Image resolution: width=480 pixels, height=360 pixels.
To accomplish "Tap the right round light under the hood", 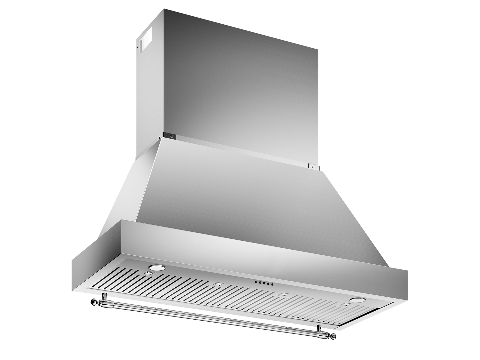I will pos(358,300).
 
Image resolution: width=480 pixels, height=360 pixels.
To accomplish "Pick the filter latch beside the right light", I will pos(346,304).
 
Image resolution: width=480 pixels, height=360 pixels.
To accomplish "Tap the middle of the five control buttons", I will pos(264,283).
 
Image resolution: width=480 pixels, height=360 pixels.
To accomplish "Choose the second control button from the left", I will pos(260,283).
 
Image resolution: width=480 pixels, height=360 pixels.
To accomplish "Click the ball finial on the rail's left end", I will pos(94,301).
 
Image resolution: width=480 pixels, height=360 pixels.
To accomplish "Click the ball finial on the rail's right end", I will pos(334,336).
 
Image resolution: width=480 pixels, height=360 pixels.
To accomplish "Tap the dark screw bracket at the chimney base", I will pos(170,135).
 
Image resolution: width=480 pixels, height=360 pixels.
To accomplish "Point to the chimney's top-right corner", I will pos(317,50).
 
